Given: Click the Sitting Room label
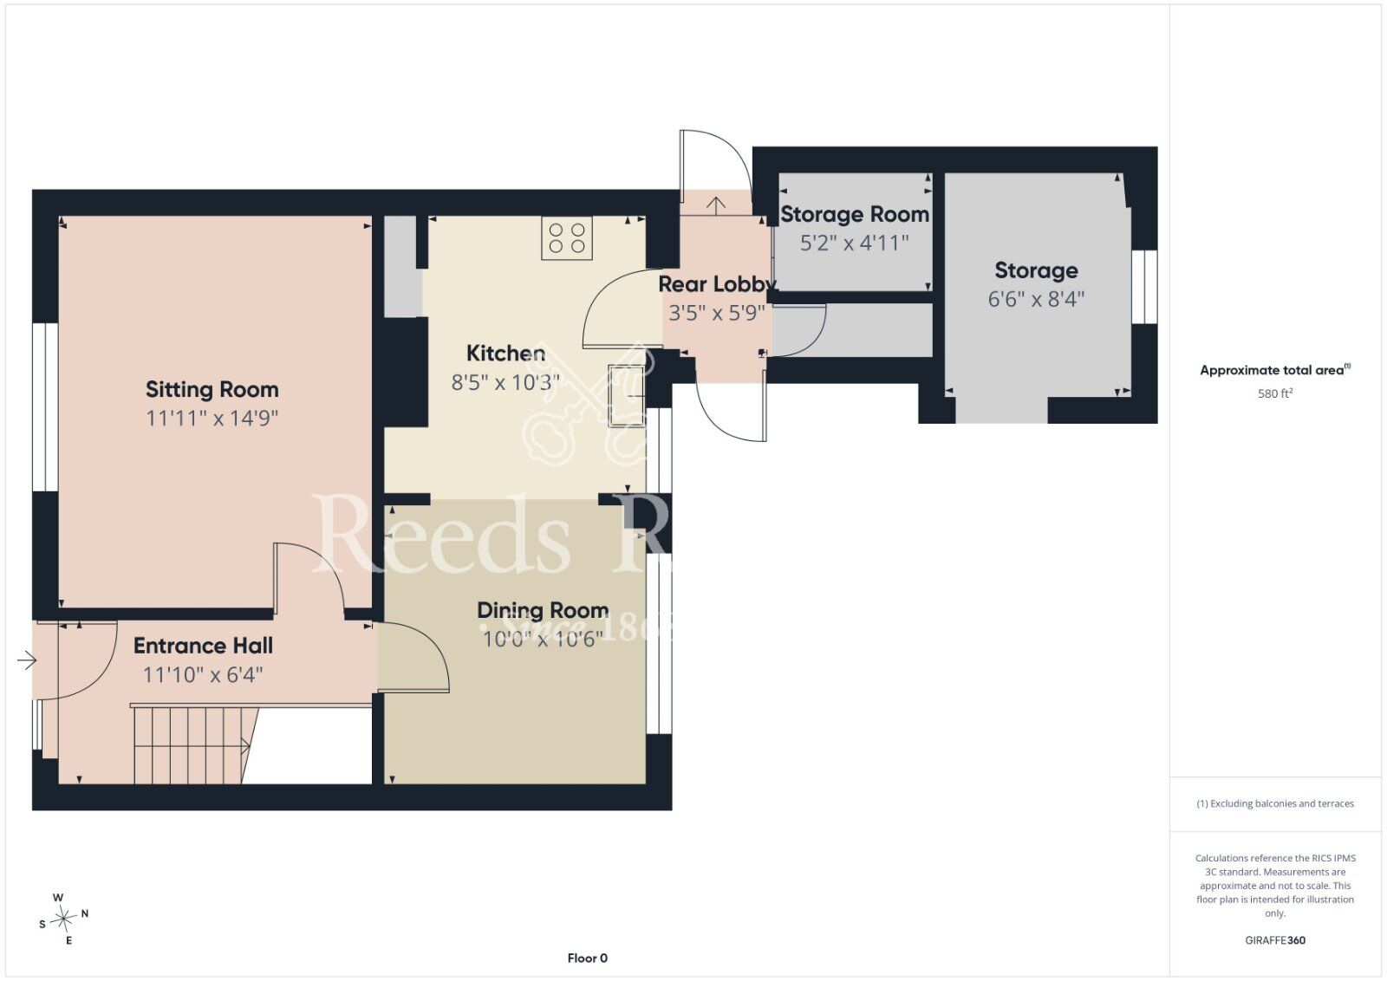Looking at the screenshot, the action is [212, 390].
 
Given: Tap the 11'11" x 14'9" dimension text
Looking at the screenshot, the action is [212, 419].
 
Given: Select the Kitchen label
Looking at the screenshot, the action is [505, 354].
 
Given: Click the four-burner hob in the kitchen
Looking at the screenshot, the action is [567, 237].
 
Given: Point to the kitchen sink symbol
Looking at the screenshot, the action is [627, 396].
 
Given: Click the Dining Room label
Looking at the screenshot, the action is [543, 611].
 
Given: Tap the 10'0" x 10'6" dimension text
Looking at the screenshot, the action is [543, 639].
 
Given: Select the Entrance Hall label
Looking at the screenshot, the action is [203, 646].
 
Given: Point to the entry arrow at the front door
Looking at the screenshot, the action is [27, 660].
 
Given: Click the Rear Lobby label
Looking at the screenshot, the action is [716, 284].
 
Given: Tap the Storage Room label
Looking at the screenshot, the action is [855, 214].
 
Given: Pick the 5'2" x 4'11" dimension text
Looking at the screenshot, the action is [855, 243].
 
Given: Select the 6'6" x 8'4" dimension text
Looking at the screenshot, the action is [1036, 300].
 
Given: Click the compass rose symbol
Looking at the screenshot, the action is [63, 919].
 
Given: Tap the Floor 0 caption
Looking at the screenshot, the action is [587, 958].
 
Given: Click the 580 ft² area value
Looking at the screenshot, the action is [1275, 393].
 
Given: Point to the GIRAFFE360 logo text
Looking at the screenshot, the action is [1275, 940].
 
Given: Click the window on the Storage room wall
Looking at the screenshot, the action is [1144, 287].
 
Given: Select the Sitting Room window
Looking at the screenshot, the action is [45, 407].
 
